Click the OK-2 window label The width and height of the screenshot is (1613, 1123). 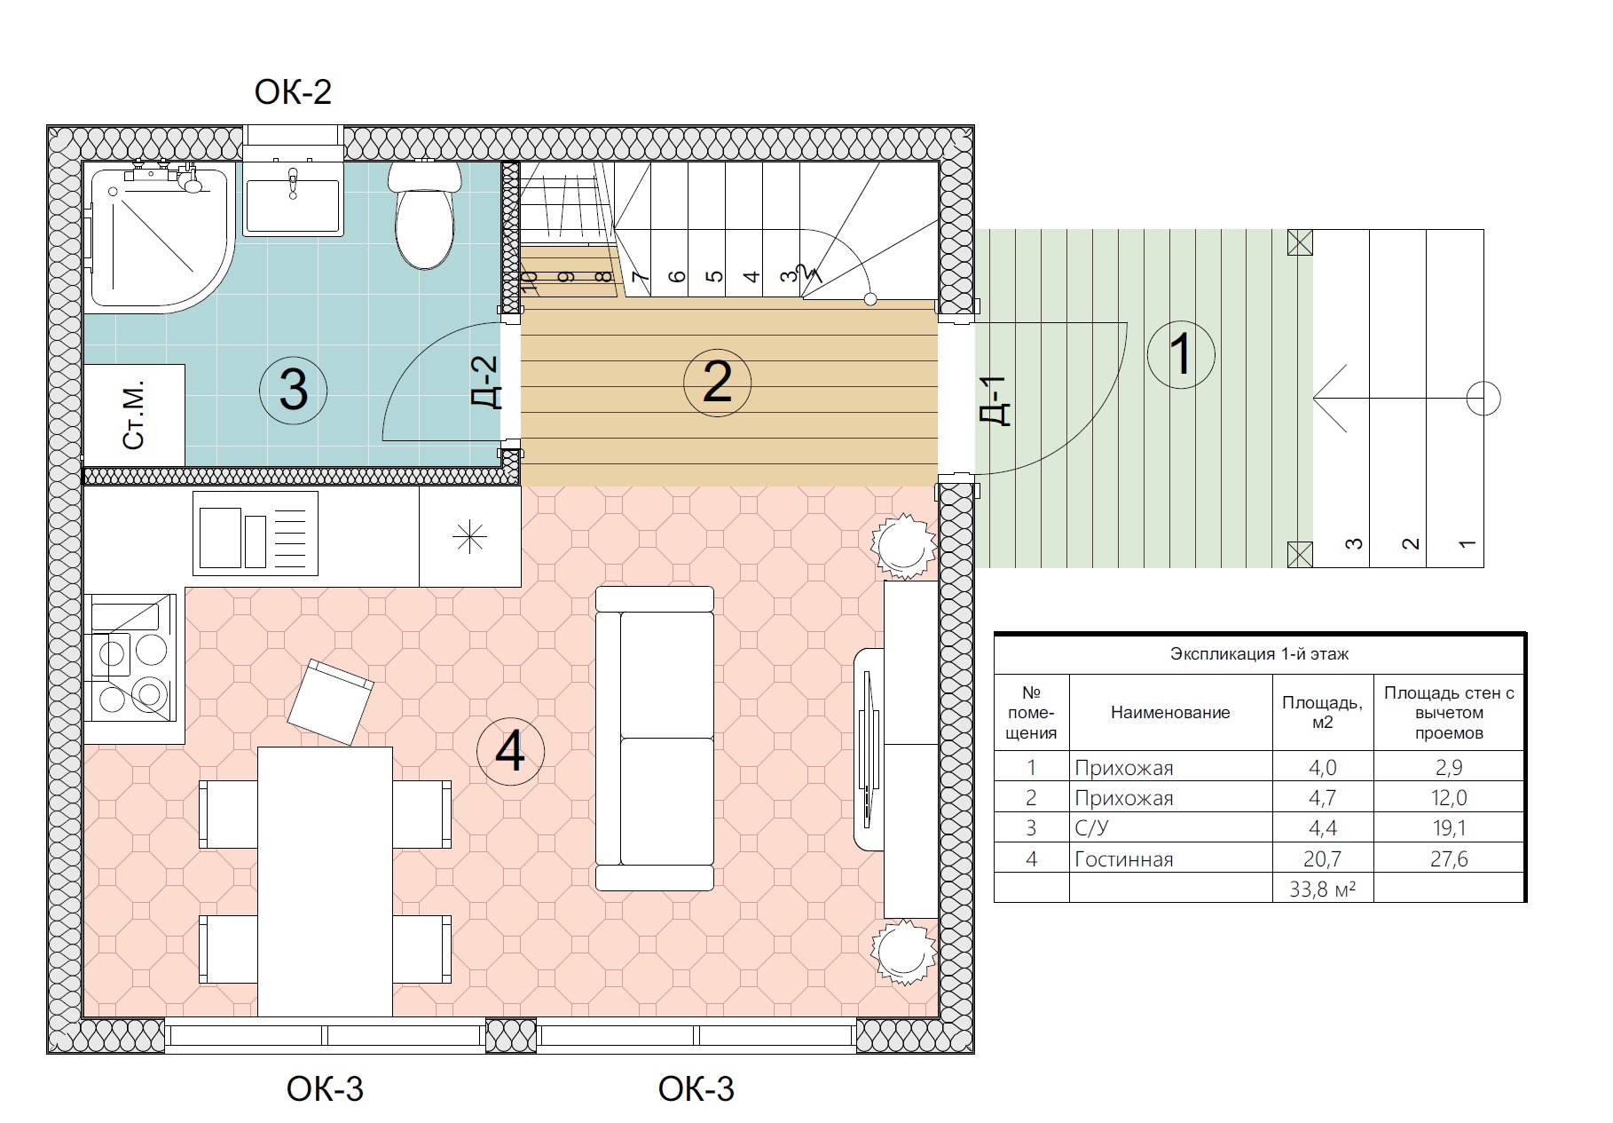click(x=293, y=92)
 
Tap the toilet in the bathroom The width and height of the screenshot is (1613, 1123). click(x=425, y=215)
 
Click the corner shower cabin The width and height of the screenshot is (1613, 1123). click(x=160, y=237)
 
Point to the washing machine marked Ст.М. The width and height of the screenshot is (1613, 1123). click(x=134, y=415)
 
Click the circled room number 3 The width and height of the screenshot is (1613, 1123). click(x=294, y=389)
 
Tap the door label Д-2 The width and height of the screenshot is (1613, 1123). click(x=487, y=382)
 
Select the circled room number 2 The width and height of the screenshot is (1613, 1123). click(x=718, y=382)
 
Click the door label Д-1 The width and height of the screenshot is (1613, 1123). click(x=996, y=401)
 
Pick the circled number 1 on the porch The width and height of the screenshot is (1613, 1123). click(x=1181, y=354)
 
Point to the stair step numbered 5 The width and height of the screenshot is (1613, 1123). click(x=714, y=276)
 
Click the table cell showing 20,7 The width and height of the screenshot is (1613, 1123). click(x=1323, y=858)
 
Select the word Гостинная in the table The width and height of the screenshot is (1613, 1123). click(x=1124, y=859)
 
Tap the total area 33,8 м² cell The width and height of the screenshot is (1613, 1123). click(x=1323, y=888)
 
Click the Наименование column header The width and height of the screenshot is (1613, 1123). click(x=1170, y=713)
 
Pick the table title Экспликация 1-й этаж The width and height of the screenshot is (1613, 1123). click(x=1259, y=654)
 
